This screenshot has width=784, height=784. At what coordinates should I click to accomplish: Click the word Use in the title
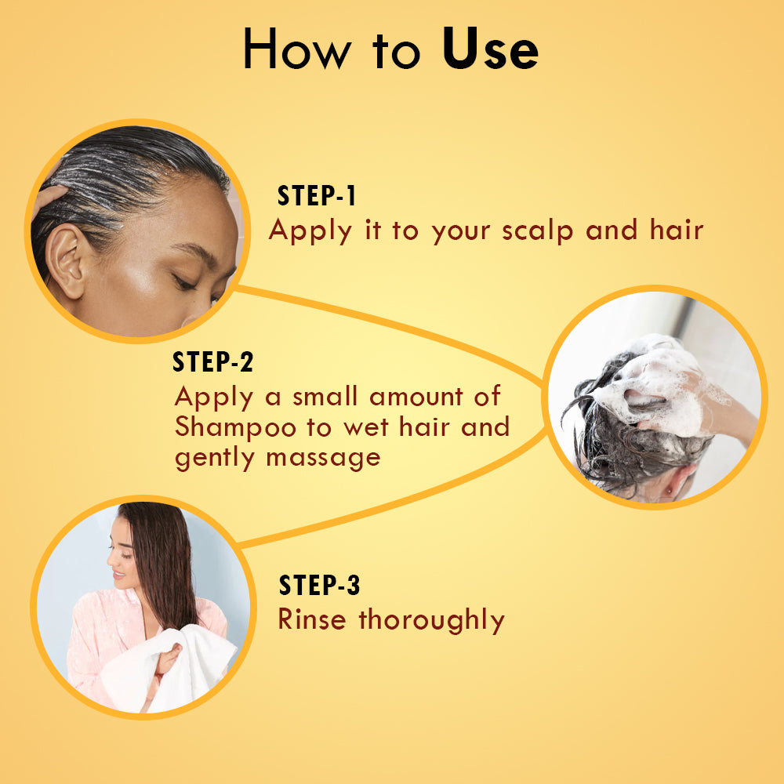coord(490,48)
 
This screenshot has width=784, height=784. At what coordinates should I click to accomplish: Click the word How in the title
coord(297,48)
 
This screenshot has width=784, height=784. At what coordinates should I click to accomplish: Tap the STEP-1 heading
coord(317,195)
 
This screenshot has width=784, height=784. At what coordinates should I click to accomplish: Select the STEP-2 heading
coord(212,361)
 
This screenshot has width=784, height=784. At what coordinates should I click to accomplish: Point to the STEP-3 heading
coord(319,585)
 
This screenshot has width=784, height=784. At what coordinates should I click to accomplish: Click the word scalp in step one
coord(537,231)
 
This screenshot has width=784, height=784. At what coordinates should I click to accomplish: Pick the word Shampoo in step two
coord(235,428)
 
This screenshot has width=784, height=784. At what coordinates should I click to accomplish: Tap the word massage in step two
coord(324,459)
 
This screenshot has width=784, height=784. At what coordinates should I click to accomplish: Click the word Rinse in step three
coord(311,619)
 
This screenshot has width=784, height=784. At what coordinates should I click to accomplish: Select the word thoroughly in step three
coord(431,620)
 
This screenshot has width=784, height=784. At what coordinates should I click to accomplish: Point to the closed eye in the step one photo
coord(184,282)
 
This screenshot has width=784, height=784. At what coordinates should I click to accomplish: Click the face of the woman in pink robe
coord(122,555)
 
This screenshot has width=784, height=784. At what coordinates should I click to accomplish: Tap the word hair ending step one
coord(677,230)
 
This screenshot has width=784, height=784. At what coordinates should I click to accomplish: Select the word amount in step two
coord(416,397)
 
